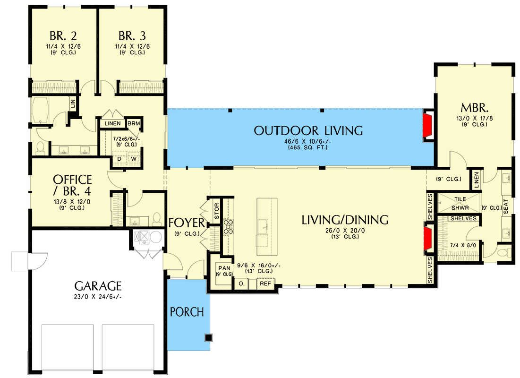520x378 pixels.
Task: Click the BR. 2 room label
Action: point(64,36)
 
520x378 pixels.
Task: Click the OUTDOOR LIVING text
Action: point(308,130)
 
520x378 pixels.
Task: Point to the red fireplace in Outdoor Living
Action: point(427,126)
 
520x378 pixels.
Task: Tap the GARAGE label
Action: point(98,285)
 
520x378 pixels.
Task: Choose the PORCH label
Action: point(187,312)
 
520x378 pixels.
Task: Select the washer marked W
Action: point(134,159)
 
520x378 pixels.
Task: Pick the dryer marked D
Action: point(119,159)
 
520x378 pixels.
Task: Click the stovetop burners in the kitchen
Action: point(229,227)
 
